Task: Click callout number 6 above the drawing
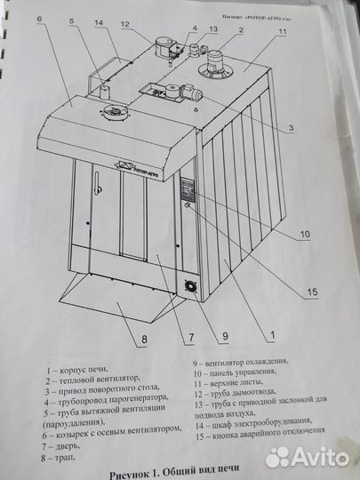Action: coord(39,19)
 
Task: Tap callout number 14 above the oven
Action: coord(100,23)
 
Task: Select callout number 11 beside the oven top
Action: coord(283,31)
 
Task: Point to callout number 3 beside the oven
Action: coord(291,128)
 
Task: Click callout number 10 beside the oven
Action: coord(305,235)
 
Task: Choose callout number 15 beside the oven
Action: coord(313,292)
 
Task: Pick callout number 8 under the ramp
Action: coord(144,340)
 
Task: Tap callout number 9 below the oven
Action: coord(225,336)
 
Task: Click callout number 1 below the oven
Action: coord(272,335)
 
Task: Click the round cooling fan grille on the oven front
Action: coord(191,287)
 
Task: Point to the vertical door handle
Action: coord(98,183)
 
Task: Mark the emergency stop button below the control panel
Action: coord(188,205)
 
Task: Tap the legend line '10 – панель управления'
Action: coord(235,372)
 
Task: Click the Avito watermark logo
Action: coord(307,458)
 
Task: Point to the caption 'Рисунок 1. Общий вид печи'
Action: coord(174,474)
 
